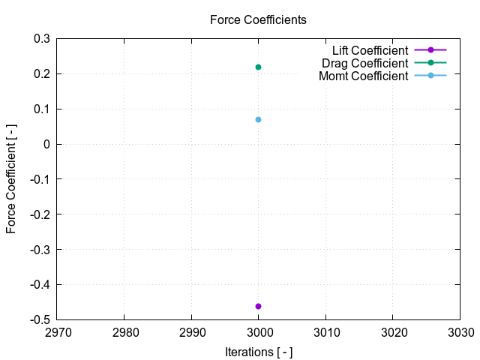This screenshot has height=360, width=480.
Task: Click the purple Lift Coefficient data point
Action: click(x=258, y=306)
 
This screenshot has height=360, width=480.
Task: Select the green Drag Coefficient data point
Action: click(x=258, y=67)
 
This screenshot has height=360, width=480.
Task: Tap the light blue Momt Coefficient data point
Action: click(x=258, y=119)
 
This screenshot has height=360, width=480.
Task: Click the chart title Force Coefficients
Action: click(x=258, y=20)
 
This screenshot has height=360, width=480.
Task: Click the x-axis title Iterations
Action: click(x=258, y=352)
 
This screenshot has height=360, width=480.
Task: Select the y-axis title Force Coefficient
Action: click(x=11, y=178)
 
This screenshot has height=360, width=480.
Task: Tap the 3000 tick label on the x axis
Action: click(x=258, y=332)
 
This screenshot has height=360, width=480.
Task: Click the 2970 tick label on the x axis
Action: click(x=57, y=332)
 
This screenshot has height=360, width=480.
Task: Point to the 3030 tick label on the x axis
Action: click(x=459, y=332)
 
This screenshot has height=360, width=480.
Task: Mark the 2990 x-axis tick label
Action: click(x=191, y=332)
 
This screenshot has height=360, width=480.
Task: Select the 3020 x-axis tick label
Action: click(x=392, y=332)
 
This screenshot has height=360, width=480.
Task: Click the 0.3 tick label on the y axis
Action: click(x=42, y=38)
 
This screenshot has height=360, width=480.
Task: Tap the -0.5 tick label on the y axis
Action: click(x=40, y=319)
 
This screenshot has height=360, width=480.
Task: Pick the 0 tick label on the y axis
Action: click(x=46, y=144)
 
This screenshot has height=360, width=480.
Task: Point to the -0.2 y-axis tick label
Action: click(x=40, y=214)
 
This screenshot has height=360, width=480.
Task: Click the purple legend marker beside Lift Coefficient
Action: click(x=430, y=50)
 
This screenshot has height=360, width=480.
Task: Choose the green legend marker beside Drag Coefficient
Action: click(x=430, y=63)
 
